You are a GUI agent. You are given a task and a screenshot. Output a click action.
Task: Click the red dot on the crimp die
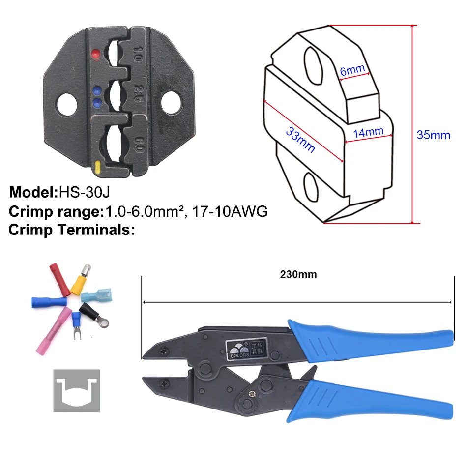96,54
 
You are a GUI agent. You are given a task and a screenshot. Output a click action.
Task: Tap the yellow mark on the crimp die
98,168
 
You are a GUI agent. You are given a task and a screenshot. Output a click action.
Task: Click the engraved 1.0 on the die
137,54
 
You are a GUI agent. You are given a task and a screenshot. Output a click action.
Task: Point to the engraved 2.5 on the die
138,93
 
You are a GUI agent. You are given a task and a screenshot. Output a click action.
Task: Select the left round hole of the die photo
67,105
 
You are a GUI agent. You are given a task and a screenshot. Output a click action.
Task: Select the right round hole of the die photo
171,103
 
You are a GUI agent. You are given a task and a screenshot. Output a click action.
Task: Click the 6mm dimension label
352,70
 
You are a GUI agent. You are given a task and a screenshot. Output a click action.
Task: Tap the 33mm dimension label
300,140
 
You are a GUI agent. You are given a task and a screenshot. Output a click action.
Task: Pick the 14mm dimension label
368,132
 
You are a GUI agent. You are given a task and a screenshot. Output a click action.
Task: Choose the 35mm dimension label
434,135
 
